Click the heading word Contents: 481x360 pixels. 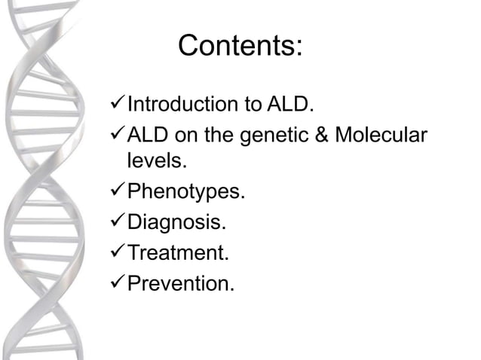click(240, 47)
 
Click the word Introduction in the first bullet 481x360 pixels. click(181, 104)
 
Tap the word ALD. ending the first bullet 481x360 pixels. click(290, 104)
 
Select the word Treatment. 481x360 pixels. click(178, 253)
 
